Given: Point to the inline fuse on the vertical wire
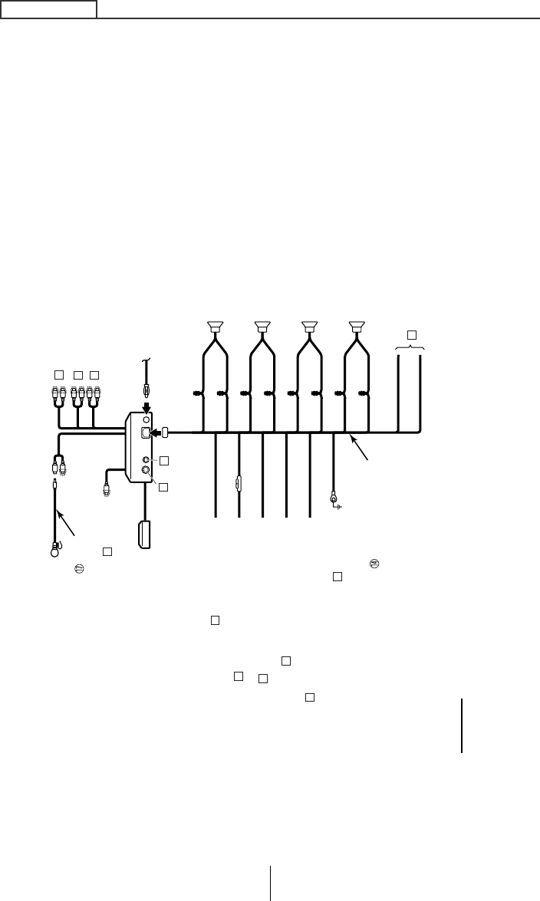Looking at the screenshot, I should click(x=239, y=484).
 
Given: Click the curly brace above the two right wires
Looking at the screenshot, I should click(x=410, y=349).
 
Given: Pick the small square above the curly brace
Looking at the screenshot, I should click(x=411, y=335).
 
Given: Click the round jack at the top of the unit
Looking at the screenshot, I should click(x=147, y=420).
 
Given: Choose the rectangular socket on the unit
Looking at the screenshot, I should click(x=146, y=433).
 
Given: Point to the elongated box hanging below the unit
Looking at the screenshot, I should click(x=145, y=534).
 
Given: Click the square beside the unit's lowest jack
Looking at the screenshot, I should click(x=163, y=486).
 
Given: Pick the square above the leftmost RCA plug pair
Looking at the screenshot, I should click(x=58, y=375).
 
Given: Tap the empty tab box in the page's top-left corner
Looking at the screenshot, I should click(x=48, y=9).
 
